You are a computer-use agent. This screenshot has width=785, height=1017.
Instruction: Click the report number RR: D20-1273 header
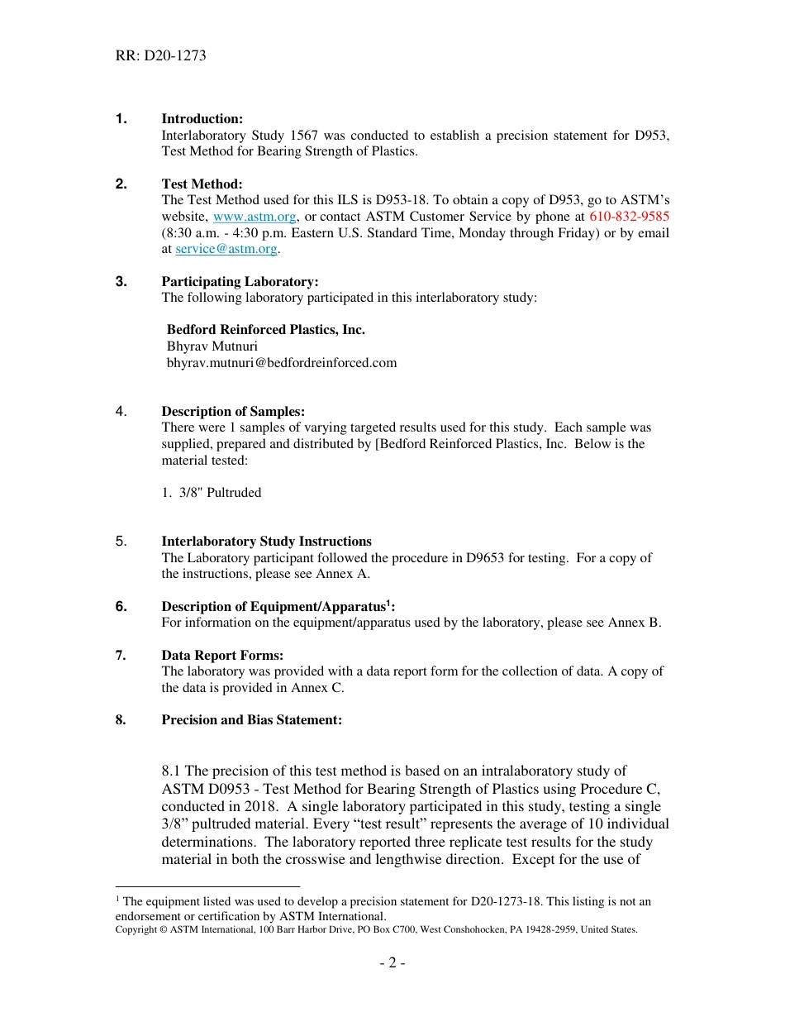(160, 56)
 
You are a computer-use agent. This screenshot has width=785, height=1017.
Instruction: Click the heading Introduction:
(202, 119)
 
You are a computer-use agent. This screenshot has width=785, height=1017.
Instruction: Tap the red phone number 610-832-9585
(629, 217)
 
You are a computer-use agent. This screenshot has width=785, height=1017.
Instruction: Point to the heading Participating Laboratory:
(240, 282)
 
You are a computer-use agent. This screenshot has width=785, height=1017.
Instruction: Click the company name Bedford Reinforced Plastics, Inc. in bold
(265, 330)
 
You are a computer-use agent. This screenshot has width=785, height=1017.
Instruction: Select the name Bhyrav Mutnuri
(212, 346)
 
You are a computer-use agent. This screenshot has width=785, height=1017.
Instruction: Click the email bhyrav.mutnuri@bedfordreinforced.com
(282, 362)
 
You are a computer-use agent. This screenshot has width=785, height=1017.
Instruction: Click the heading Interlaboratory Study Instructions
(266, 542)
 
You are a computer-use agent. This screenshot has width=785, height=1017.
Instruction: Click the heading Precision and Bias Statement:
(251, 720)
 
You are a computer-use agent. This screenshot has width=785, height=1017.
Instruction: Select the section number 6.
(121, 607)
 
